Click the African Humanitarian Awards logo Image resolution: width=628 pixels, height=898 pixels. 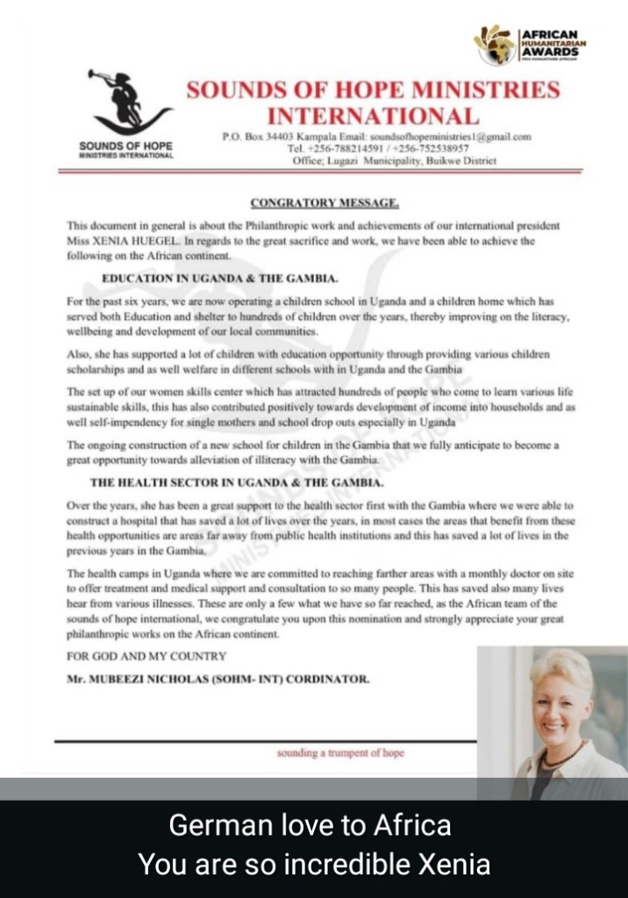[x=530, y=44]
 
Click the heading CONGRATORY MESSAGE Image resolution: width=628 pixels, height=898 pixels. [x=325, y=203]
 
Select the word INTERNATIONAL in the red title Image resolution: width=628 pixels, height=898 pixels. [x=373, y=116]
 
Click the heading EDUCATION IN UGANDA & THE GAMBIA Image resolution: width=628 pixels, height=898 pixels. [x=220, y=278]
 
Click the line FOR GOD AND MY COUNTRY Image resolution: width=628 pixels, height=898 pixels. [x=146, y=656]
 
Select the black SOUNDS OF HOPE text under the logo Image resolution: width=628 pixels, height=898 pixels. [x=125, y=145]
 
